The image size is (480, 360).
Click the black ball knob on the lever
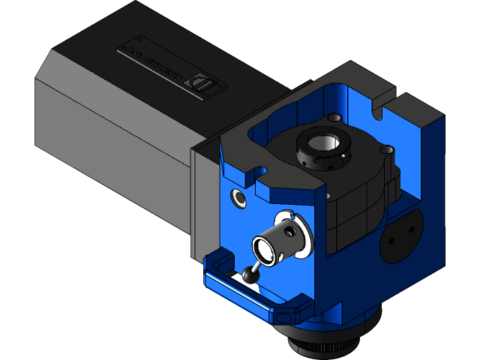pyautogui.click(x=250, y=277)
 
